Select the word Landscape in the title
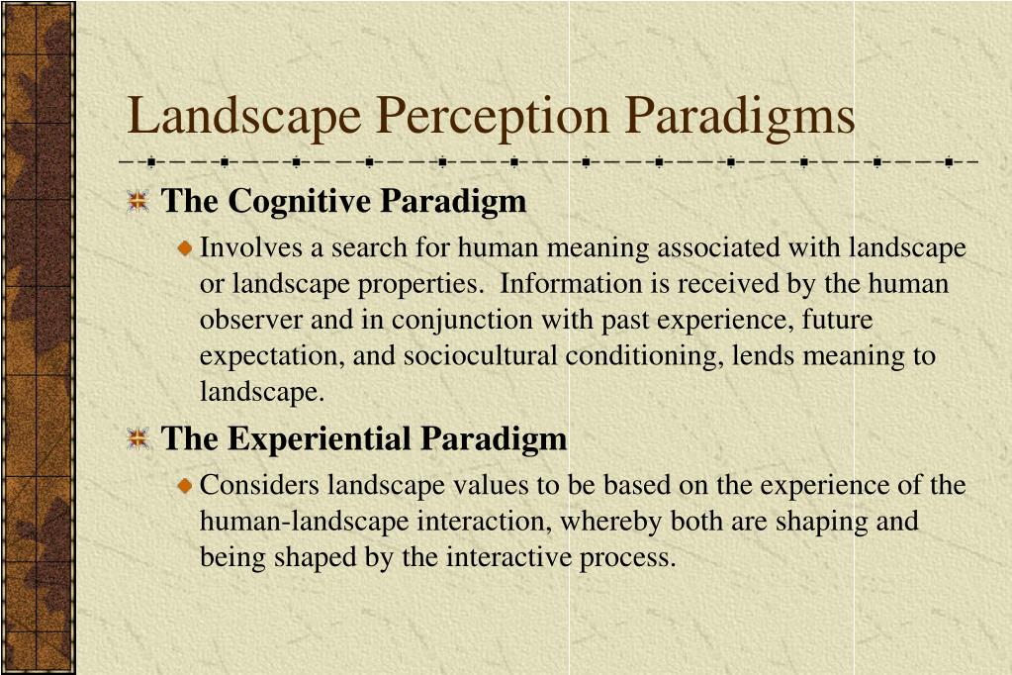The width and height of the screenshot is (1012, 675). (x=244, y=117)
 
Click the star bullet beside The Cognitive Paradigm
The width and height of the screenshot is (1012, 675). (x=138, y=202)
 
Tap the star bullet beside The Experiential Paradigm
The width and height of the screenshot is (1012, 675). (x=138, y=439)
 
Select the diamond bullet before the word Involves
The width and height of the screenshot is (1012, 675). (x=185, y=248)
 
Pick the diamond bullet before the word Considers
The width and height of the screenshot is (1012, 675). (x=185, y=486)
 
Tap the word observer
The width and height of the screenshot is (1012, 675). (x=240, y=320)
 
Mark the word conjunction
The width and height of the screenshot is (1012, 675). (x=457, y=321)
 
